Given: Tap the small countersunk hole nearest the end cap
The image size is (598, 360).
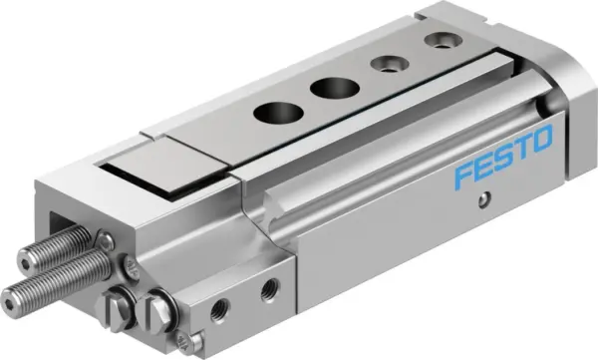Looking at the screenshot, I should (437, 41).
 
